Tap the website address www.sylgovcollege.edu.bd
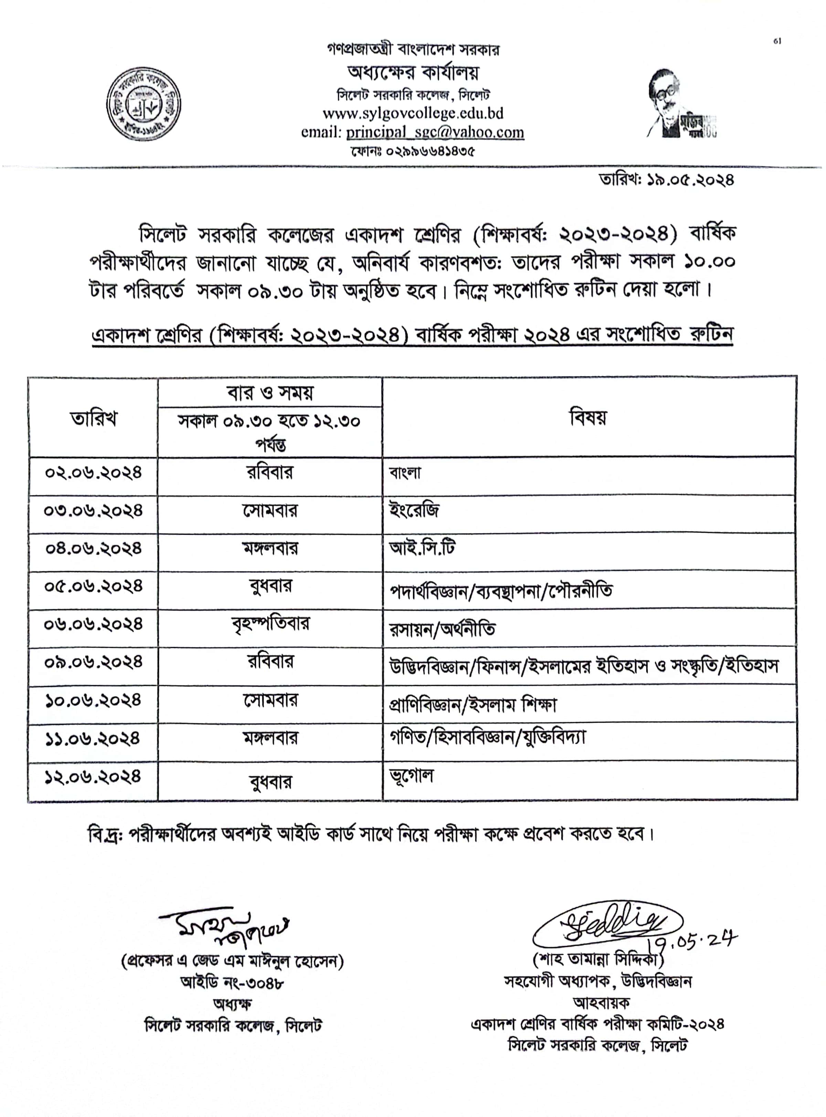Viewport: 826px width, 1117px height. pos(413,114)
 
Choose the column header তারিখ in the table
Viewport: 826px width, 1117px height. pos(94,419)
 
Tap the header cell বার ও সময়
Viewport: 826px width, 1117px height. pos(270,393)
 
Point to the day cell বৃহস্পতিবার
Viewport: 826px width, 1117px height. pos(270,624)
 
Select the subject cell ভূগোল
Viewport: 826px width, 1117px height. pos(412,776)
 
